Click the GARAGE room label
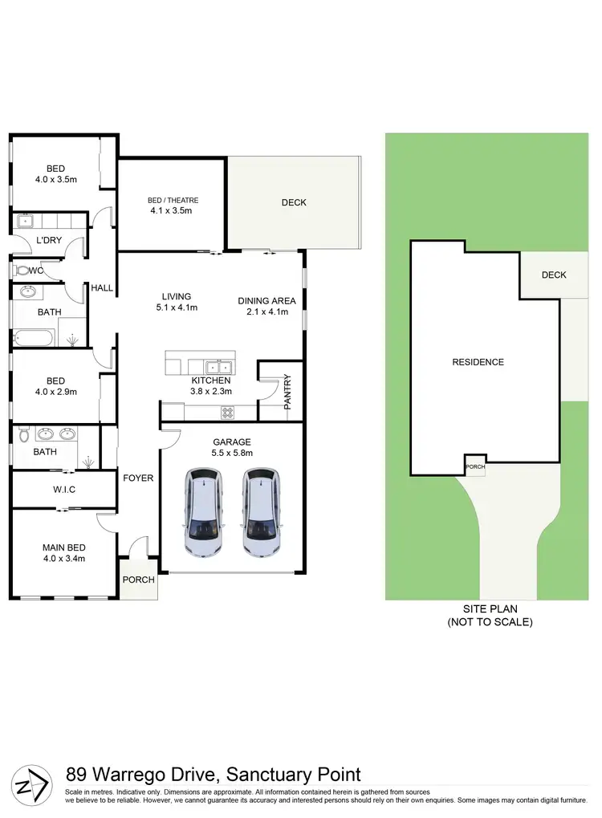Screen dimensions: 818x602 [x=232, y=442]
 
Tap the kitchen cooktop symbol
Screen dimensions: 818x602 [x=227, y=413]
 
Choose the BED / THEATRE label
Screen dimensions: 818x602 [x=173, y=200]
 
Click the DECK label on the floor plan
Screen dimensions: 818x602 [x=294, y=202]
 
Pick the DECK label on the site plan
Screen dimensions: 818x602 [x=554, y=275]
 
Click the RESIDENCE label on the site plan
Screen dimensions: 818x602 [x=478, y=362]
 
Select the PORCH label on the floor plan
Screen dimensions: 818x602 [x=138, y=580]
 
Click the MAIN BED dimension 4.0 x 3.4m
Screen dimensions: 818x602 [x=64, y=559]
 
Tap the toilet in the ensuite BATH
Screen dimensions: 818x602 [x=25, y=435]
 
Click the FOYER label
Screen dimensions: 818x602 [x=138, y=478]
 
